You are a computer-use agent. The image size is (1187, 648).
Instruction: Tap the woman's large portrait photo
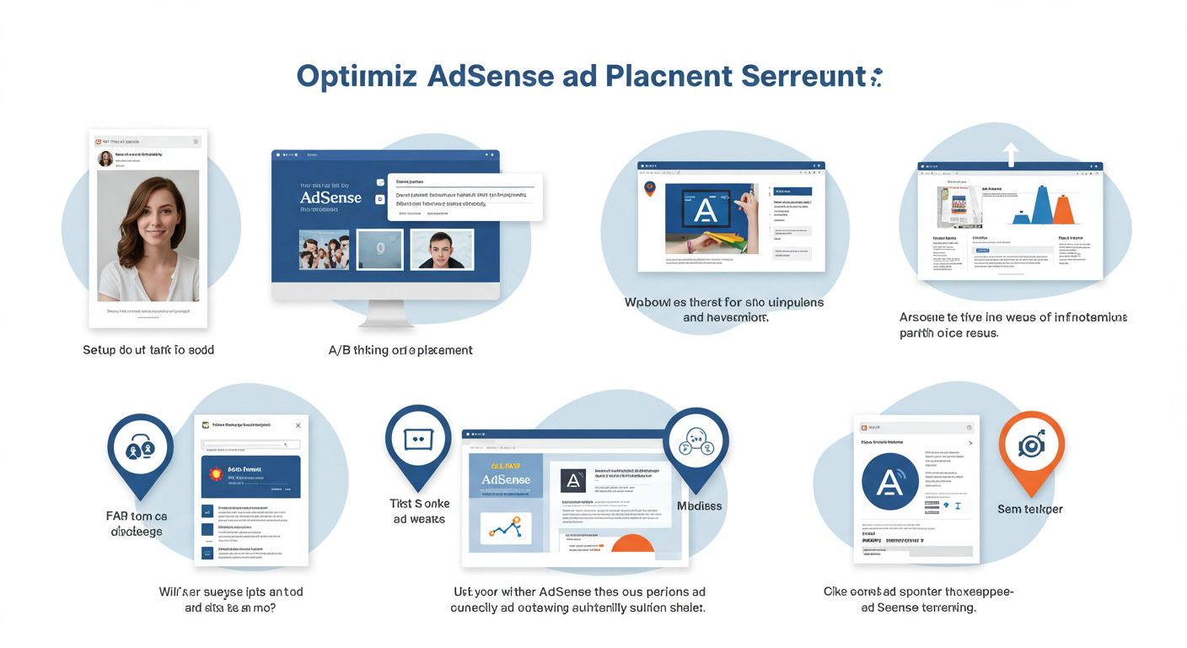(148, 235)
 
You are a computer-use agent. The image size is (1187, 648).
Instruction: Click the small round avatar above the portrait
(105, 158)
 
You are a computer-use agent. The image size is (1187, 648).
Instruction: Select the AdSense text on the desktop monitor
(330, 198)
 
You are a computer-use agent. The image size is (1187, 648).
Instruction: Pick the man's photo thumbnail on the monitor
(441, 250)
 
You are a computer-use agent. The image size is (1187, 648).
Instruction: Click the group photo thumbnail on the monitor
(324, 250)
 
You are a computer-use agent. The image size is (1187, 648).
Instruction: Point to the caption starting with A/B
(400, 349)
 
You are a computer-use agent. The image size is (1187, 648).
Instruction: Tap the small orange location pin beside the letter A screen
(649, 188)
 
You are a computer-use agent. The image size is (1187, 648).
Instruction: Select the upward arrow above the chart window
(1011, 153)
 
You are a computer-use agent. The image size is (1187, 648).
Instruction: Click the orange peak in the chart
(1064, 210)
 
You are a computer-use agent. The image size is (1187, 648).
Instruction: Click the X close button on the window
(298, 425)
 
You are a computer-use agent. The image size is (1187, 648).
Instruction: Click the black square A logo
(573, 481)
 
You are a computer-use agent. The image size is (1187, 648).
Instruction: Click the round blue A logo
(890, 481)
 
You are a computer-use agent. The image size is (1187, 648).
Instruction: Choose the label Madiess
(700, 505)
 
